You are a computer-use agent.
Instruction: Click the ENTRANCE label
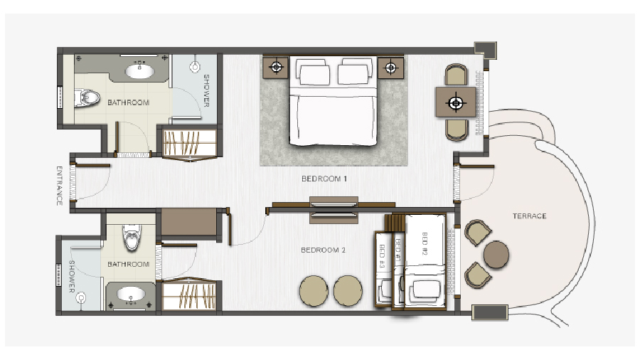coord(59,186)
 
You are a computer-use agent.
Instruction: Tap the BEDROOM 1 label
coord(324,179)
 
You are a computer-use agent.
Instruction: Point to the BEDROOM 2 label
coord(324,250)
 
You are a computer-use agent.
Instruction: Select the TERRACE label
coord(529,216)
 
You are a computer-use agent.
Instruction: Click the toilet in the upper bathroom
coord(87,98)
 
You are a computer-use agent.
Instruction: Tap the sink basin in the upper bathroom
coord(140,71)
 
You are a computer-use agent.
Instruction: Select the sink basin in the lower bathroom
coord(131,294)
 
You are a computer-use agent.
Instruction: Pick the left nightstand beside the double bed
coord(276,67)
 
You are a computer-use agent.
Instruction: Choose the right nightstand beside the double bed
coord(390,68)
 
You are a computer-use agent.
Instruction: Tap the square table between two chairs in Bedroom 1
coord(456,102)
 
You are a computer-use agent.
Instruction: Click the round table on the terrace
coord(496,254)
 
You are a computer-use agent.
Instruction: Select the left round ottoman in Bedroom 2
coord(314,290)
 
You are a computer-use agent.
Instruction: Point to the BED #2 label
coord(425,243)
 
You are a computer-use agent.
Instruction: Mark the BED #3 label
coord(382,256)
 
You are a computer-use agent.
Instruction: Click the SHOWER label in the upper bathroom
coord(206,90)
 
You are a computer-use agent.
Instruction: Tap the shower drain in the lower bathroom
coord(82,298)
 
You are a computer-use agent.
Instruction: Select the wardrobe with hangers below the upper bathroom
coord(189,143)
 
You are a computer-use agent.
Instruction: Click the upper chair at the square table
coord(456,75)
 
